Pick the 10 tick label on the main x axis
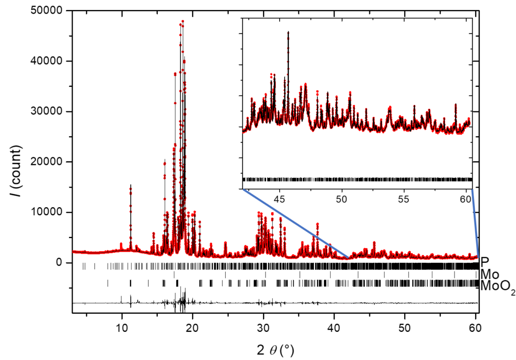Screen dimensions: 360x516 [x=121, y=326]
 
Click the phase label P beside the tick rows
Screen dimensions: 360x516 [x=485, y=262]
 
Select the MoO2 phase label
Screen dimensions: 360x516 [x=497, y=287]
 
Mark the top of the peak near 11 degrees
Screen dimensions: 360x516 [x=131, y=186]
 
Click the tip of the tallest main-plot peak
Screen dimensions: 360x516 [x=182, y=21]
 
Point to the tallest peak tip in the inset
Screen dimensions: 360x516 [x=288, y=32]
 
